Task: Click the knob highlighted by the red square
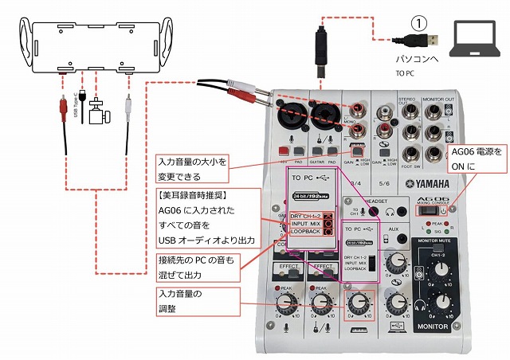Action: (x=359, y=303)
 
